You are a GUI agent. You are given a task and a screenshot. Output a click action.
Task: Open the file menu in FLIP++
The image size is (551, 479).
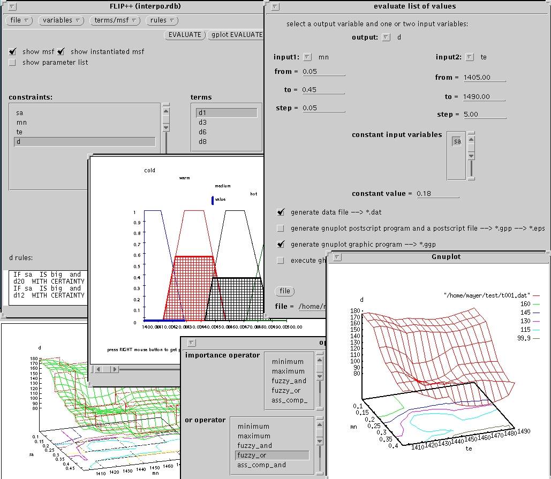pos(19,20)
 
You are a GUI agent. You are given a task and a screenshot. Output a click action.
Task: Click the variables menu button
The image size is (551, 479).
pos(62,20)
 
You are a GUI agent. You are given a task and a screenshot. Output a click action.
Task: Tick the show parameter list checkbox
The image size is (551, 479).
pos(12,63)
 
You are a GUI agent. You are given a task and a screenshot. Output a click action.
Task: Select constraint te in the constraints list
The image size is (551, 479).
pos(20,132)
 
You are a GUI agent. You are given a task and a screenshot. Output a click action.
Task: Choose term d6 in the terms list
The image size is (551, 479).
pos(202,132)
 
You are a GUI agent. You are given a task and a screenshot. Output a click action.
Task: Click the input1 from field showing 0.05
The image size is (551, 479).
pos(323,72)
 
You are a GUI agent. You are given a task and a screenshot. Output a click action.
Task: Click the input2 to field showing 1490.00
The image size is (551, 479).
pos(484,97)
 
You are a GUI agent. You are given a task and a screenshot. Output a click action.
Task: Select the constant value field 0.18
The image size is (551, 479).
pos(437,193)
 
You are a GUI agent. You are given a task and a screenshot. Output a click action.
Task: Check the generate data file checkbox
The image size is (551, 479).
pos(281,212)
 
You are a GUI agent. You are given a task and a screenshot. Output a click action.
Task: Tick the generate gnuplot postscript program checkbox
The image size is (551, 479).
pos(281,228)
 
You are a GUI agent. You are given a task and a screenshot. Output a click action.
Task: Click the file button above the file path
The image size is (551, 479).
pos(285,291)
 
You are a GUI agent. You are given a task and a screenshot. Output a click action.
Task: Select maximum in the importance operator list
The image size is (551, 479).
pos(288,371)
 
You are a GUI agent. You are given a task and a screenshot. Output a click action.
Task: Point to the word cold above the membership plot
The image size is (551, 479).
pos(150,171)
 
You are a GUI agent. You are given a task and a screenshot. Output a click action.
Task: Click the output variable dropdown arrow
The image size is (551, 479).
pos(386,37)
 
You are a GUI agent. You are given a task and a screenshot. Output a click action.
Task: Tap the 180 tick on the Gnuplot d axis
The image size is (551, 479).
pos(354,310)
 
